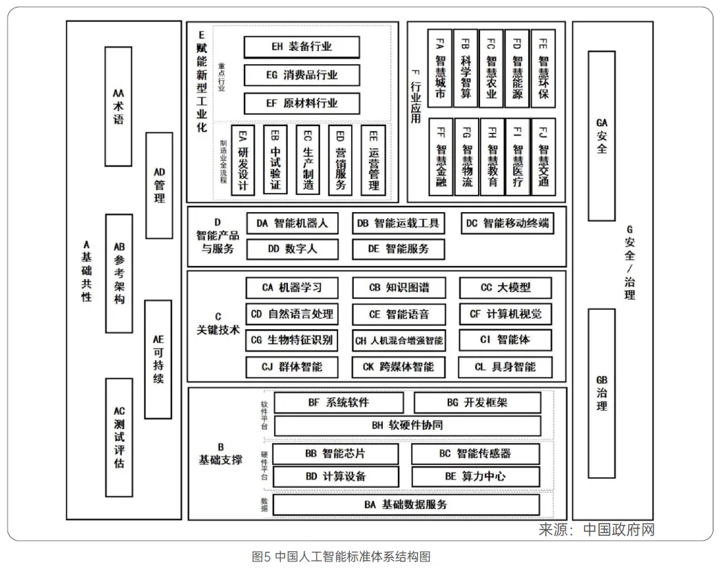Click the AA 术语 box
click(118, 106)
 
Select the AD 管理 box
click(159, 185)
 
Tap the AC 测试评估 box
click(118, 437)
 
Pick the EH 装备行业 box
click(302, 47)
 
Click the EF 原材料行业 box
click(302, 103)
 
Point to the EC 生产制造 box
click(308, 160)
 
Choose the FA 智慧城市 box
click(440, 68)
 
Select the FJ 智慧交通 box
click(543, 157)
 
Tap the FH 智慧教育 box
click(492, 157)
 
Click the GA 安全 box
click(601, 135)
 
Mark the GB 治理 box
click(601, 393)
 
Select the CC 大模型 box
click(505, 288)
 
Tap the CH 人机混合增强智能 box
click(399, 340)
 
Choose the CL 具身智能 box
click(505, 366)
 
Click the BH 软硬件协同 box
click(407, 426)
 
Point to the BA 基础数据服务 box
click(406, 505)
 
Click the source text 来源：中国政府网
click(596, 530)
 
